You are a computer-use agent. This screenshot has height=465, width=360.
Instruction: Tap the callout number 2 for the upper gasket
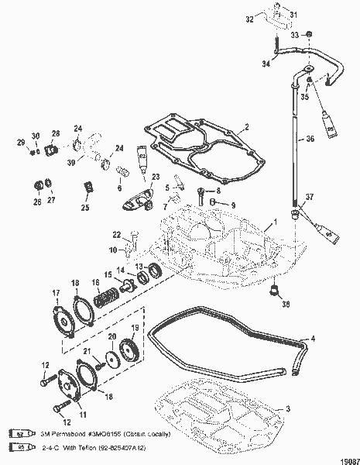[x=246, y=126]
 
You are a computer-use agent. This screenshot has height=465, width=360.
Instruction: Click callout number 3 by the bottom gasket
[x=288, y=408]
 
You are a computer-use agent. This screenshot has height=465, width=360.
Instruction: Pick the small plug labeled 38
[x=273, y=291]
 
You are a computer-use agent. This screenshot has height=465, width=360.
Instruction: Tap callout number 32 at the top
[x=250, y=16]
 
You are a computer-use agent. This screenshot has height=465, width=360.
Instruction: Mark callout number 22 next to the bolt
[x=116, y=235]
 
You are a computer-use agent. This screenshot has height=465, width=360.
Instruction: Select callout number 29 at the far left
[x=21, y=140]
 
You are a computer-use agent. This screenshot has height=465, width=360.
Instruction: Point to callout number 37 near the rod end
[x=310, y=198]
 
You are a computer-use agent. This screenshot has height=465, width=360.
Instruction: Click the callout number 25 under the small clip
[x=85, y=208]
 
